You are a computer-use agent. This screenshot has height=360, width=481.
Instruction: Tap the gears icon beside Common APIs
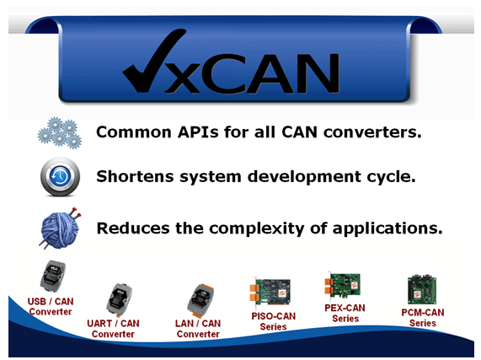tap(60, 132)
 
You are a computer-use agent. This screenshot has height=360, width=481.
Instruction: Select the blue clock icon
tap(60, 176)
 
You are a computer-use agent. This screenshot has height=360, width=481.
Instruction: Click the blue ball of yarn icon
tap(61, 228)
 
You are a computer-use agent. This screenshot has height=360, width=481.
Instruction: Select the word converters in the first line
tap(372, 132)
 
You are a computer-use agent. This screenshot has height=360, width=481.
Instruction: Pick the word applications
tap(387, 229)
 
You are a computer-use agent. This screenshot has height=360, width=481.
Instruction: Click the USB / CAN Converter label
tap(51, 307)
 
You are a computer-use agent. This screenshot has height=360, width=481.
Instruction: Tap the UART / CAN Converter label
tap(113, 329)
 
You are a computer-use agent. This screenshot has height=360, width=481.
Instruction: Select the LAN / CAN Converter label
tap(198, 329)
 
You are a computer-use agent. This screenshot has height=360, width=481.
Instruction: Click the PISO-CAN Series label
tap(273, 321)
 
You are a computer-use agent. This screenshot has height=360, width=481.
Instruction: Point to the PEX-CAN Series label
tap(345, 313)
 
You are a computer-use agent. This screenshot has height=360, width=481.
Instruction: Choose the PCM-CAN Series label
tap(423, 318)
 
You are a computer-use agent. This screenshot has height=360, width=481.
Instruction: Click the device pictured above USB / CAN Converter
tap(53, 277)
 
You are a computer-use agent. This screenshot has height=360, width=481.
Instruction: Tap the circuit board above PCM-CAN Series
tap(422, 289)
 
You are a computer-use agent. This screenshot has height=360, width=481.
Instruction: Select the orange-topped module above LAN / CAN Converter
tap(200, 301)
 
